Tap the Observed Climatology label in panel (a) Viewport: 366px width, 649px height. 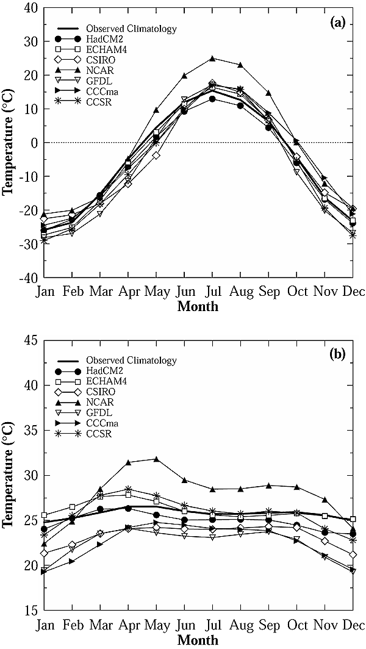coord(126,29)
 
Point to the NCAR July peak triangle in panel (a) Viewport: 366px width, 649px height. coord(212,59)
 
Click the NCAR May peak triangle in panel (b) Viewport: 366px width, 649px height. coord(156,459)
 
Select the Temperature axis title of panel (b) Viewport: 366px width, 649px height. coord(9,475)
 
